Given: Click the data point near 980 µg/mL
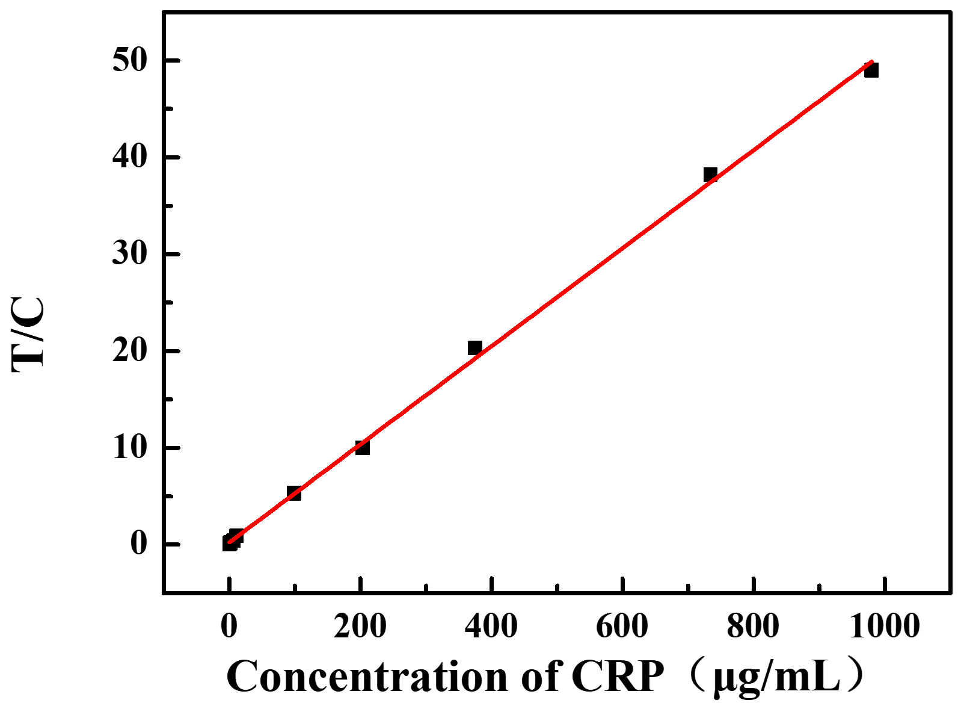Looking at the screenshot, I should click(871, 70).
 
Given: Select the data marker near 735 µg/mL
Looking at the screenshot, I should click(710, 175).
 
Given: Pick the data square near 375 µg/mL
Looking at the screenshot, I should click(474, 347).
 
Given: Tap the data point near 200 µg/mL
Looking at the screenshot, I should click(362, 447).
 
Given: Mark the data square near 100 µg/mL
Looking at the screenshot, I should click(293, 493).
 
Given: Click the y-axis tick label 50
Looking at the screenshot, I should click(129, 60).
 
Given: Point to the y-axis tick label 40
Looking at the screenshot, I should click(129, 157).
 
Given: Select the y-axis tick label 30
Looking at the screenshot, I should click(129, 254).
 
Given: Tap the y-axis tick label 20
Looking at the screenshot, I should click(129, 351).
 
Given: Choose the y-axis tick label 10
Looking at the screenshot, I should click(129, 448).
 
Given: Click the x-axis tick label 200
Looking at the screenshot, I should click(360, 626).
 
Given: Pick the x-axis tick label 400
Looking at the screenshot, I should click(491, 626).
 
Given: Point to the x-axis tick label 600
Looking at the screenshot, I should click(622, 626).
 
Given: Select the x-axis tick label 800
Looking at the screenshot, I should click(753, 626).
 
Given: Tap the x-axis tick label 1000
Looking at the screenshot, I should click(885, 626).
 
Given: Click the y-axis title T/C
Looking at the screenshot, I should click(28, 334).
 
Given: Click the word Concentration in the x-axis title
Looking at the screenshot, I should click(367, 677).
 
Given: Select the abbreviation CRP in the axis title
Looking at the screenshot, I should click(618, 677).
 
